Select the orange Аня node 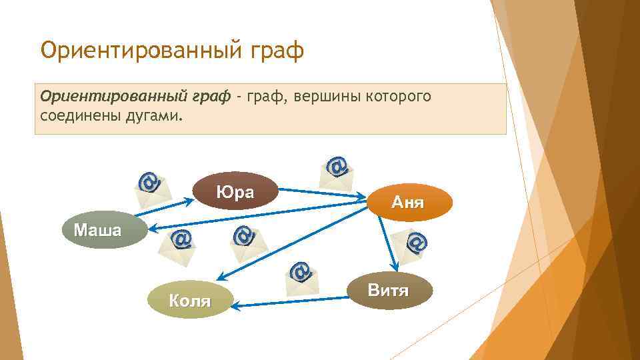click(408, 202)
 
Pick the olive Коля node click(189, 301)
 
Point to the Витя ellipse click(389, 290)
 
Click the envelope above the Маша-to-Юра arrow click(152, 187)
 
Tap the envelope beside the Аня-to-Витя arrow click(411, 247)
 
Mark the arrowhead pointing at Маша click(151, 229)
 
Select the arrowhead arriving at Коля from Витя click(238, 305)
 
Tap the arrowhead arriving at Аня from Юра click(364, 196)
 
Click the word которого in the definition click(398, 97)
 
